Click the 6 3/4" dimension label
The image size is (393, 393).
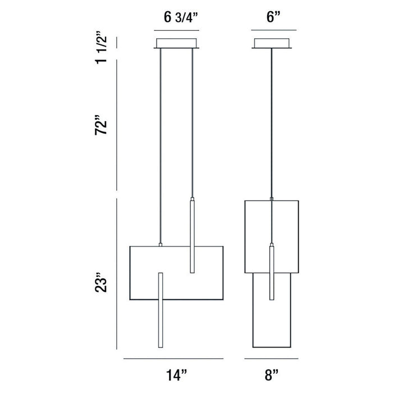(x=181, y=17)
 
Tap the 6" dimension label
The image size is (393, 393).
(x=273, y=17)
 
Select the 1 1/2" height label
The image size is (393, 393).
(x=101, y=48)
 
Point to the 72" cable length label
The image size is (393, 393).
(x=101, y=125)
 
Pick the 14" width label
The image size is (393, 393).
(x=176, y=375)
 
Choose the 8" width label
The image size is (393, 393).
(x=271, y=375)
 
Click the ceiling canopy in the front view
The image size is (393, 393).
(x=176, y=43)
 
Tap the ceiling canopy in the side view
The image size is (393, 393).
(x=272, y=43)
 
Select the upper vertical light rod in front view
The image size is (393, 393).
(x=192, y=235)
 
